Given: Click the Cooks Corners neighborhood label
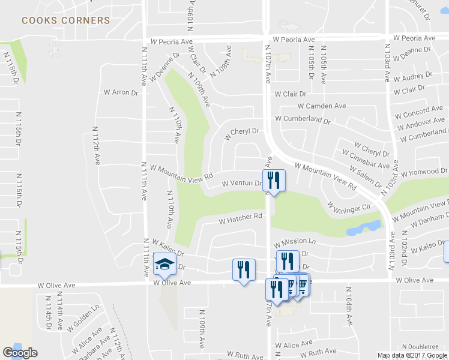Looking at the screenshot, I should pos(66,20).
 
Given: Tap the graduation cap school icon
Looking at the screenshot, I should pos(163,263).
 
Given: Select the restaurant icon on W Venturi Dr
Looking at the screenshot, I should pos(274,179).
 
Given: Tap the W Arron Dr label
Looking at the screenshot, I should pos(121,92).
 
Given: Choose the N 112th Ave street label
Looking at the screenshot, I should pos(96,146).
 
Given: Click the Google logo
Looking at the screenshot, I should pos(20,353).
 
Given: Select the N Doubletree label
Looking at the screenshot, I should pos(420,347).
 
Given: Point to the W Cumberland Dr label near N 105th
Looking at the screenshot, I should pos(303,119).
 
